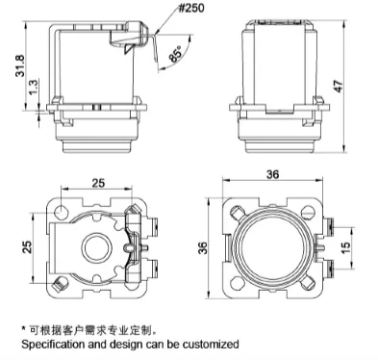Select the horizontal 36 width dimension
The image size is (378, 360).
tap(272, 174)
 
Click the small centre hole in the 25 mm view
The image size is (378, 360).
tap(96, 245)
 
